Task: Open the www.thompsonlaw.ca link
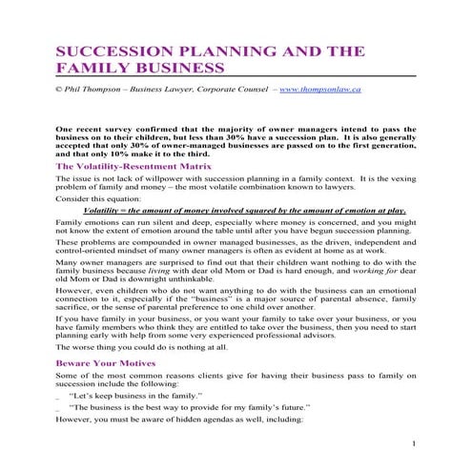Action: pyautogui.click(x=319, y=89)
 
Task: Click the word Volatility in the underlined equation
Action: pyautogui.click(x=108, y=209)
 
